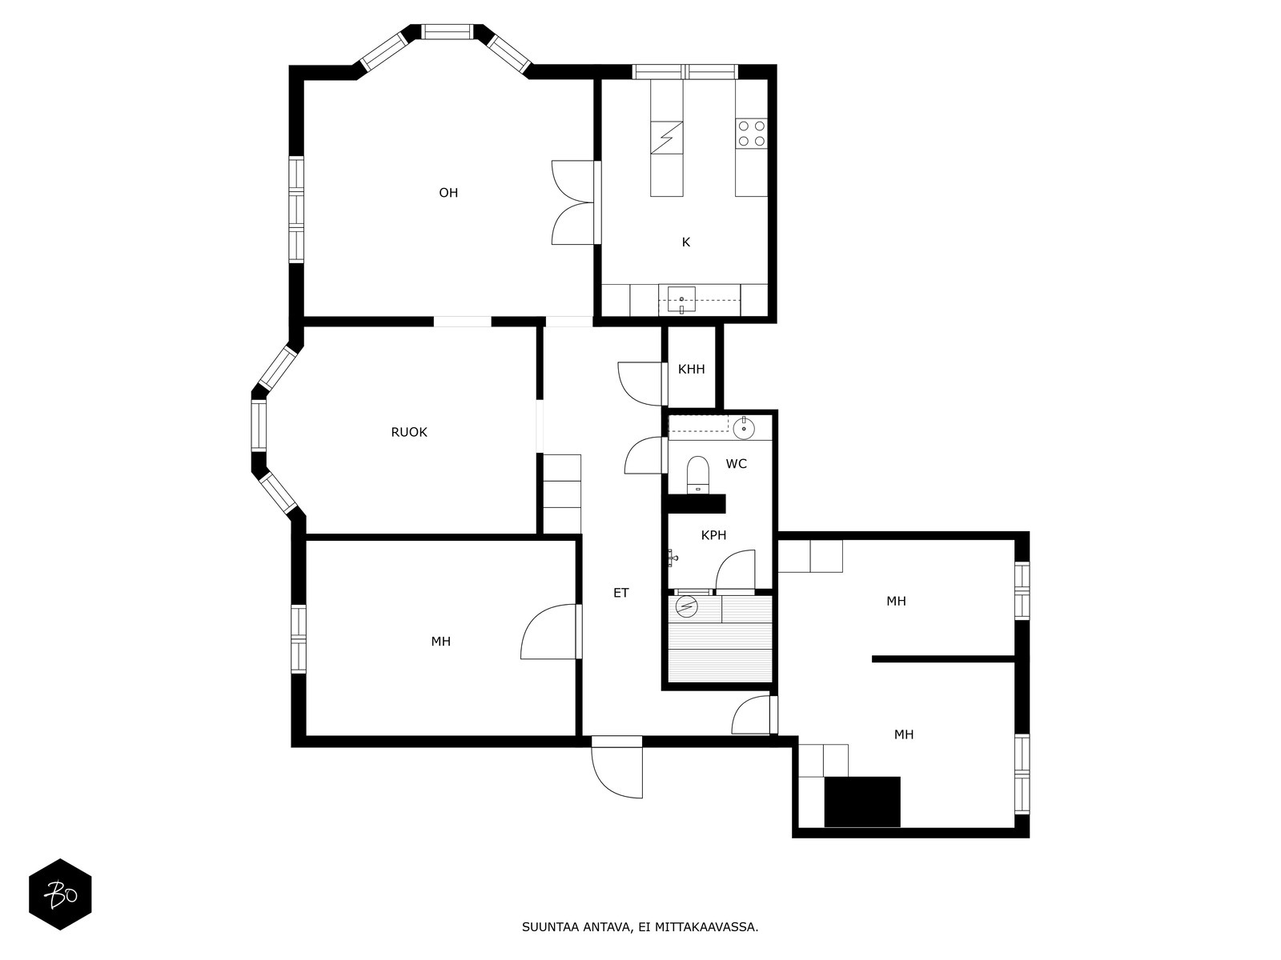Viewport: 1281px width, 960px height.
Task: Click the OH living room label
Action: click(x=448, y=192)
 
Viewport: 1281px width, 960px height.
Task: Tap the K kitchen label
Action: click(x=685, y=242)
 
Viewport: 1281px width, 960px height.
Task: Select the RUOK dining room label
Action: click(x=408, y=432)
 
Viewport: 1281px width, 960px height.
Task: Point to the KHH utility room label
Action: click(x=691, y=369)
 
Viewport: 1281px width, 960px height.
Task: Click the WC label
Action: click(x=736, y=464)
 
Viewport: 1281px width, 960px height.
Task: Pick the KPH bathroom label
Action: click(x=713, y=535)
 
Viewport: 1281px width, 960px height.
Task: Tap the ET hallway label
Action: click(x=621, y=593)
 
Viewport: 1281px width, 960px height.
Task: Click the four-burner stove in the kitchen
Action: click(x=751, y=134)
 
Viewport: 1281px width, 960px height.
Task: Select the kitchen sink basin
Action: click(x=681, y=299)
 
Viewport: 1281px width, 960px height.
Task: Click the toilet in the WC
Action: click(x=697, y=474)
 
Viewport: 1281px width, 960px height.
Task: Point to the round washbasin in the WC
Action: click(x=744, y=429)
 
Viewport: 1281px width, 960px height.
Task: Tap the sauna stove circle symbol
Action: click(x=686, y=607)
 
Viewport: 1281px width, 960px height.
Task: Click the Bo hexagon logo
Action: click(x=60, y=894)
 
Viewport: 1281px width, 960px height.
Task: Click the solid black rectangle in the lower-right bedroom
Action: click(x=862, y=802)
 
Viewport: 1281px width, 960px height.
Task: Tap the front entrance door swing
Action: click(x=616, y=772)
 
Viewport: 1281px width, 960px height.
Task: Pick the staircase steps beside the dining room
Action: click(x=562, y=494)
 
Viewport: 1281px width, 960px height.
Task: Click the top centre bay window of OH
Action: click(x=447, y=31)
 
